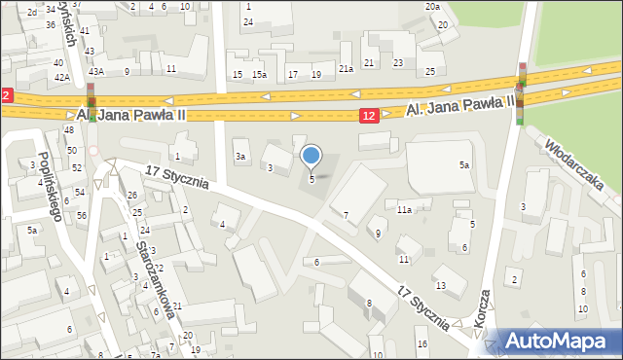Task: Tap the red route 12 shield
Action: pyautogui.click(x=367, y=116)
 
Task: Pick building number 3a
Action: pyautogui.click(x=239, y=156)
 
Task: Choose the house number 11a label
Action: pyautogui.click(x=404, y=209)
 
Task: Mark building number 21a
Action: pyautogui.click(x=346, y=68)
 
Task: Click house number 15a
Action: pyautogui.click(x=259, y=75)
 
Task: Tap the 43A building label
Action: pyautogui.click(x=96, y=71)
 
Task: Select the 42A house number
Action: pyautogui.click(x=61, y=77)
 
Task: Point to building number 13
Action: pyautogui.click(x=440, y=285)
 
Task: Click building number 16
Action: pyautogui.click(x=421, y=343)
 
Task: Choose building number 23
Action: pyautogui.click(x=398, y=62)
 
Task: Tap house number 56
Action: pyautogui.click(x=82, y=215)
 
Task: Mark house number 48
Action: pyautogui.click(x=68, y=130)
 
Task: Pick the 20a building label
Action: pyautogui.click(x=432, y=7)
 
